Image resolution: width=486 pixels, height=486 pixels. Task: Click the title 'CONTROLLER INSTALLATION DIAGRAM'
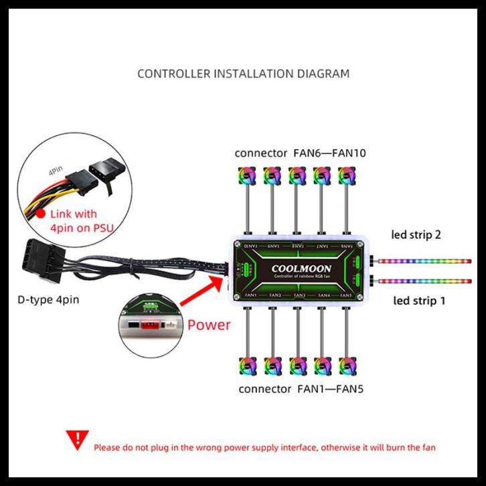[x=243, y=73]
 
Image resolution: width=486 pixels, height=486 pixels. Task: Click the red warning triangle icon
[x=78, y=440]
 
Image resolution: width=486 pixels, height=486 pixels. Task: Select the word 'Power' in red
[x=208, y=325]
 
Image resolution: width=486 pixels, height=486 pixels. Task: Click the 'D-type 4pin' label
[x=48, y=299]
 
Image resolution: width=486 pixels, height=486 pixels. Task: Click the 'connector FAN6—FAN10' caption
[x=300, y=153]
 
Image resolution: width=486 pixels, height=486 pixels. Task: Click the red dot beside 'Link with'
[x=42, y=214]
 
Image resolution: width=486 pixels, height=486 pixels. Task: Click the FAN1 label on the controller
[x=251, y=295]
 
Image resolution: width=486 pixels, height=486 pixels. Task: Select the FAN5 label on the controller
[x=345, y=295]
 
